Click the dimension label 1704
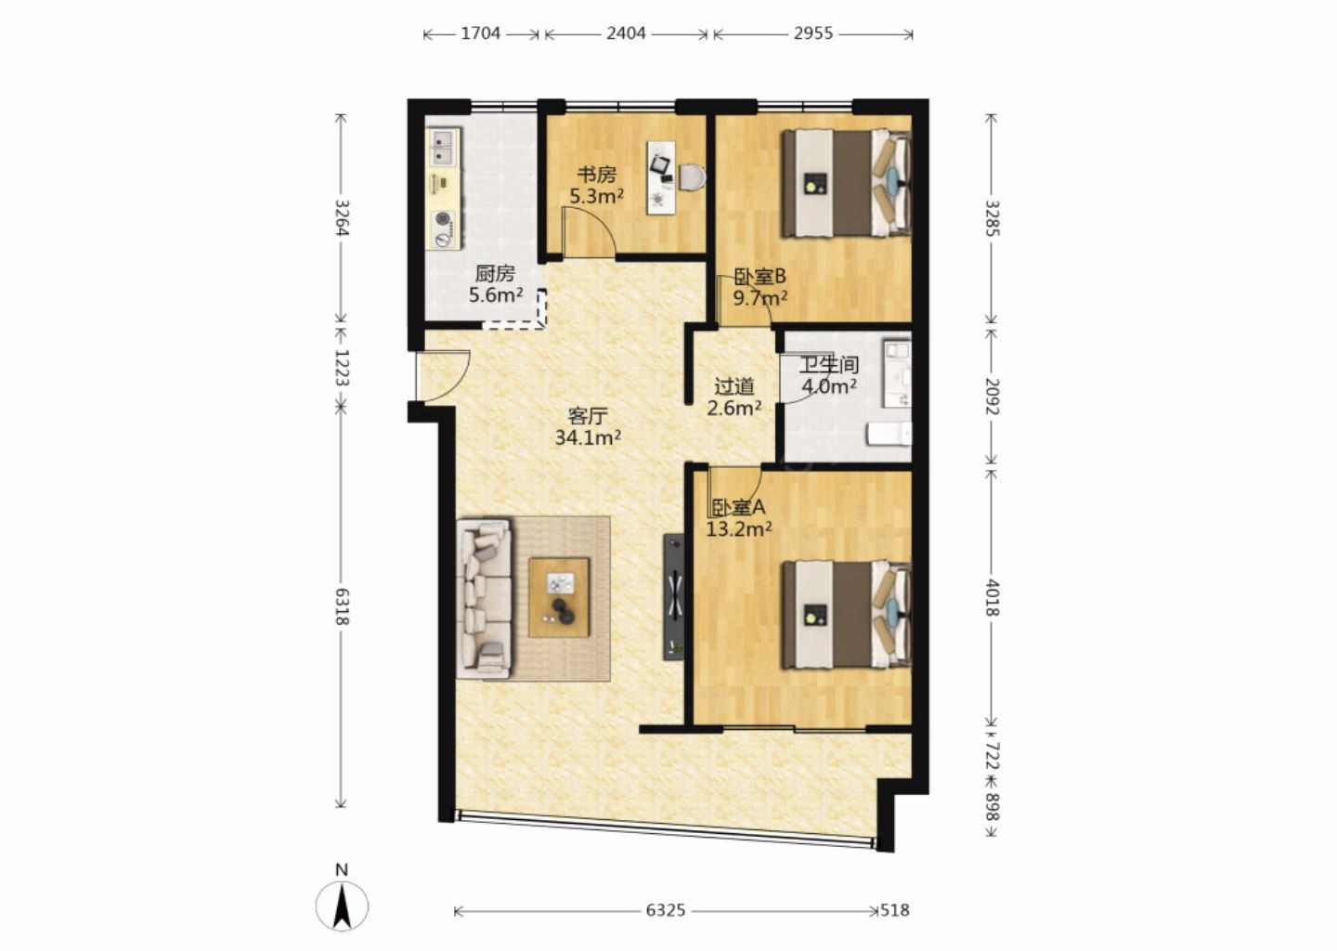click(x=481, y=33)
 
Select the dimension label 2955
click(x=813, y=33)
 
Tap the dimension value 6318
click(x=342, y=606)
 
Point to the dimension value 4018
click(x=992, y=597)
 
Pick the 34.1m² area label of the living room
click(x=588, y=437)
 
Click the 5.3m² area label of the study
click(x=597, y=196)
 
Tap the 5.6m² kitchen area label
click(x=496, y=295)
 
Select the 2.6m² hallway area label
click(x=734, y=409)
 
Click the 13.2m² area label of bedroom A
click(x=739, y=528)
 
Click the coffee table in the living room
click(x=559, y=597)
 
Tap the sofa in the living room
click(x=484, y=599)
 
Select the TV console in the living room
click(x=674, y=597)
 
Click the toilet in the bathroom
click(x=889, y=435)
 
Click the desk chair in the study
click(x=693, y=177)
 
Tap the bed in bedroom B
click(x=848, y=183)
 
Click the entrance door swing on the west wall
click(x=443, y=375)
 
